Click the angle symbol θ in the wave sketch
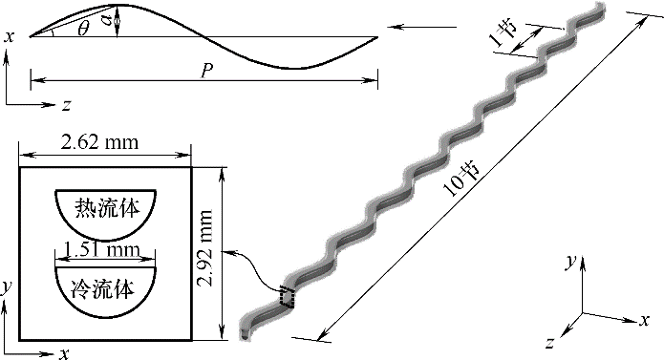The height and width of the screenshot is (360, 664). coord(84,29)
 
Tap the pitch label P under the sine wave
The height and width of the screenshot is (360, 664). coord(206,71)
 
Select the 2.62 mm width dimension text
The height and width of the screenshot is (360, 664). coord(100,142)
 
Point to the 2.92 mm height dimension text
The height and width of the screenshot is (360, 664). coord(205,247)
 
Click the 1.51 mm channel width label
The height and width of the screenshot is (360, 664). coord(101,250)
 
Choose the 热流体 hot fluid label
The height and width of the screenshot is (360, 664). coord(107,208)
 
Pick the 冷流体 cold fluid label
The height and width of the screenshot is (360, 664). coord(102,289)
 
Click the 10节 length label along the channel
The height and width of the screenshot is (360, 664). coord(461,179)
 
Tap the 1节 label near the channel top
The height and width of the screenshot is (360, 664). coord(503,33)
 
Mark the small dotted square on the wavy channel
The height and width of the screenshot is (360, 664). coord(287,297)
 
